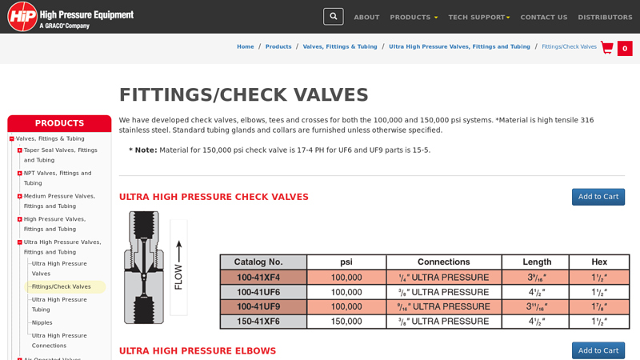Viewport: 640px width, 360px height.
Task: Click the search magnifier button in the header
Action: point(333,16)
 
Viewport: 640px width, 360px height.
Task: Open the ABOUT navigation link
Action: point(366,17)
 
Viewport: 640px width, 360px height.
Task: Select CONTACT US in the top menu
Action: point(543,17)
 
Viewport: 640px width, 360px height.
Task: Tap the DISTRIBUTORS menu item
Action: point(605,17)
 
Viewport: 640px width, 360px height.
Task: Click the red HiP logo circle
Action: point(22,16)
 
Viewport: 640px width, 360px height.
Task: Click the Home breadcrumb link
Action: point(245,46)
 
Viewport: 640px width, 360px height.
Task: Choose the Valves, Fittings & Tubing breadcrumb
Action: point(340,46)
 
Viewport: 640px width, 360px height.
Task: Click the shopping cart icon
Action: point(607,47)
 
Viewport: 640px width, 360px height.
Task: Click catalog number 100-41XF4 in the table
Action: point(263,278)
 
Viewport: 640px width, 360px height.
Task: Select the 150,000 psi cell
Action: point(346,321)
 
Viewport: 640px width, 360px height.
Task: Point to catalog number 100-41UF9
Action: point(263,306)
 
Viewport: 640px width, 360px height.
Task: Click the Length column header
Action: point(535,262)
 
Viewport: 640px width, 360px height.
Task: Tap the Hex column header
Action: point(598,262)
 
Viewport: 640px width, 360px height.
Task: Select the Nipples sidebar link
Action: point(42,322)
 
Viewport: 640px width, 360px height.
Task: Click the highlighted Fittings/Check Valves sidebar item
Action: point(62,286)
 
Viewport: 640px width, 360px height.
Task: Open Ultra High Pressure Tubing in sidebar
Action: point(58,305)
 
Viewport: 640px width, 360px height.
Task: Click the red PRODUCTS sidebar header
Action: point(59,123)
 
